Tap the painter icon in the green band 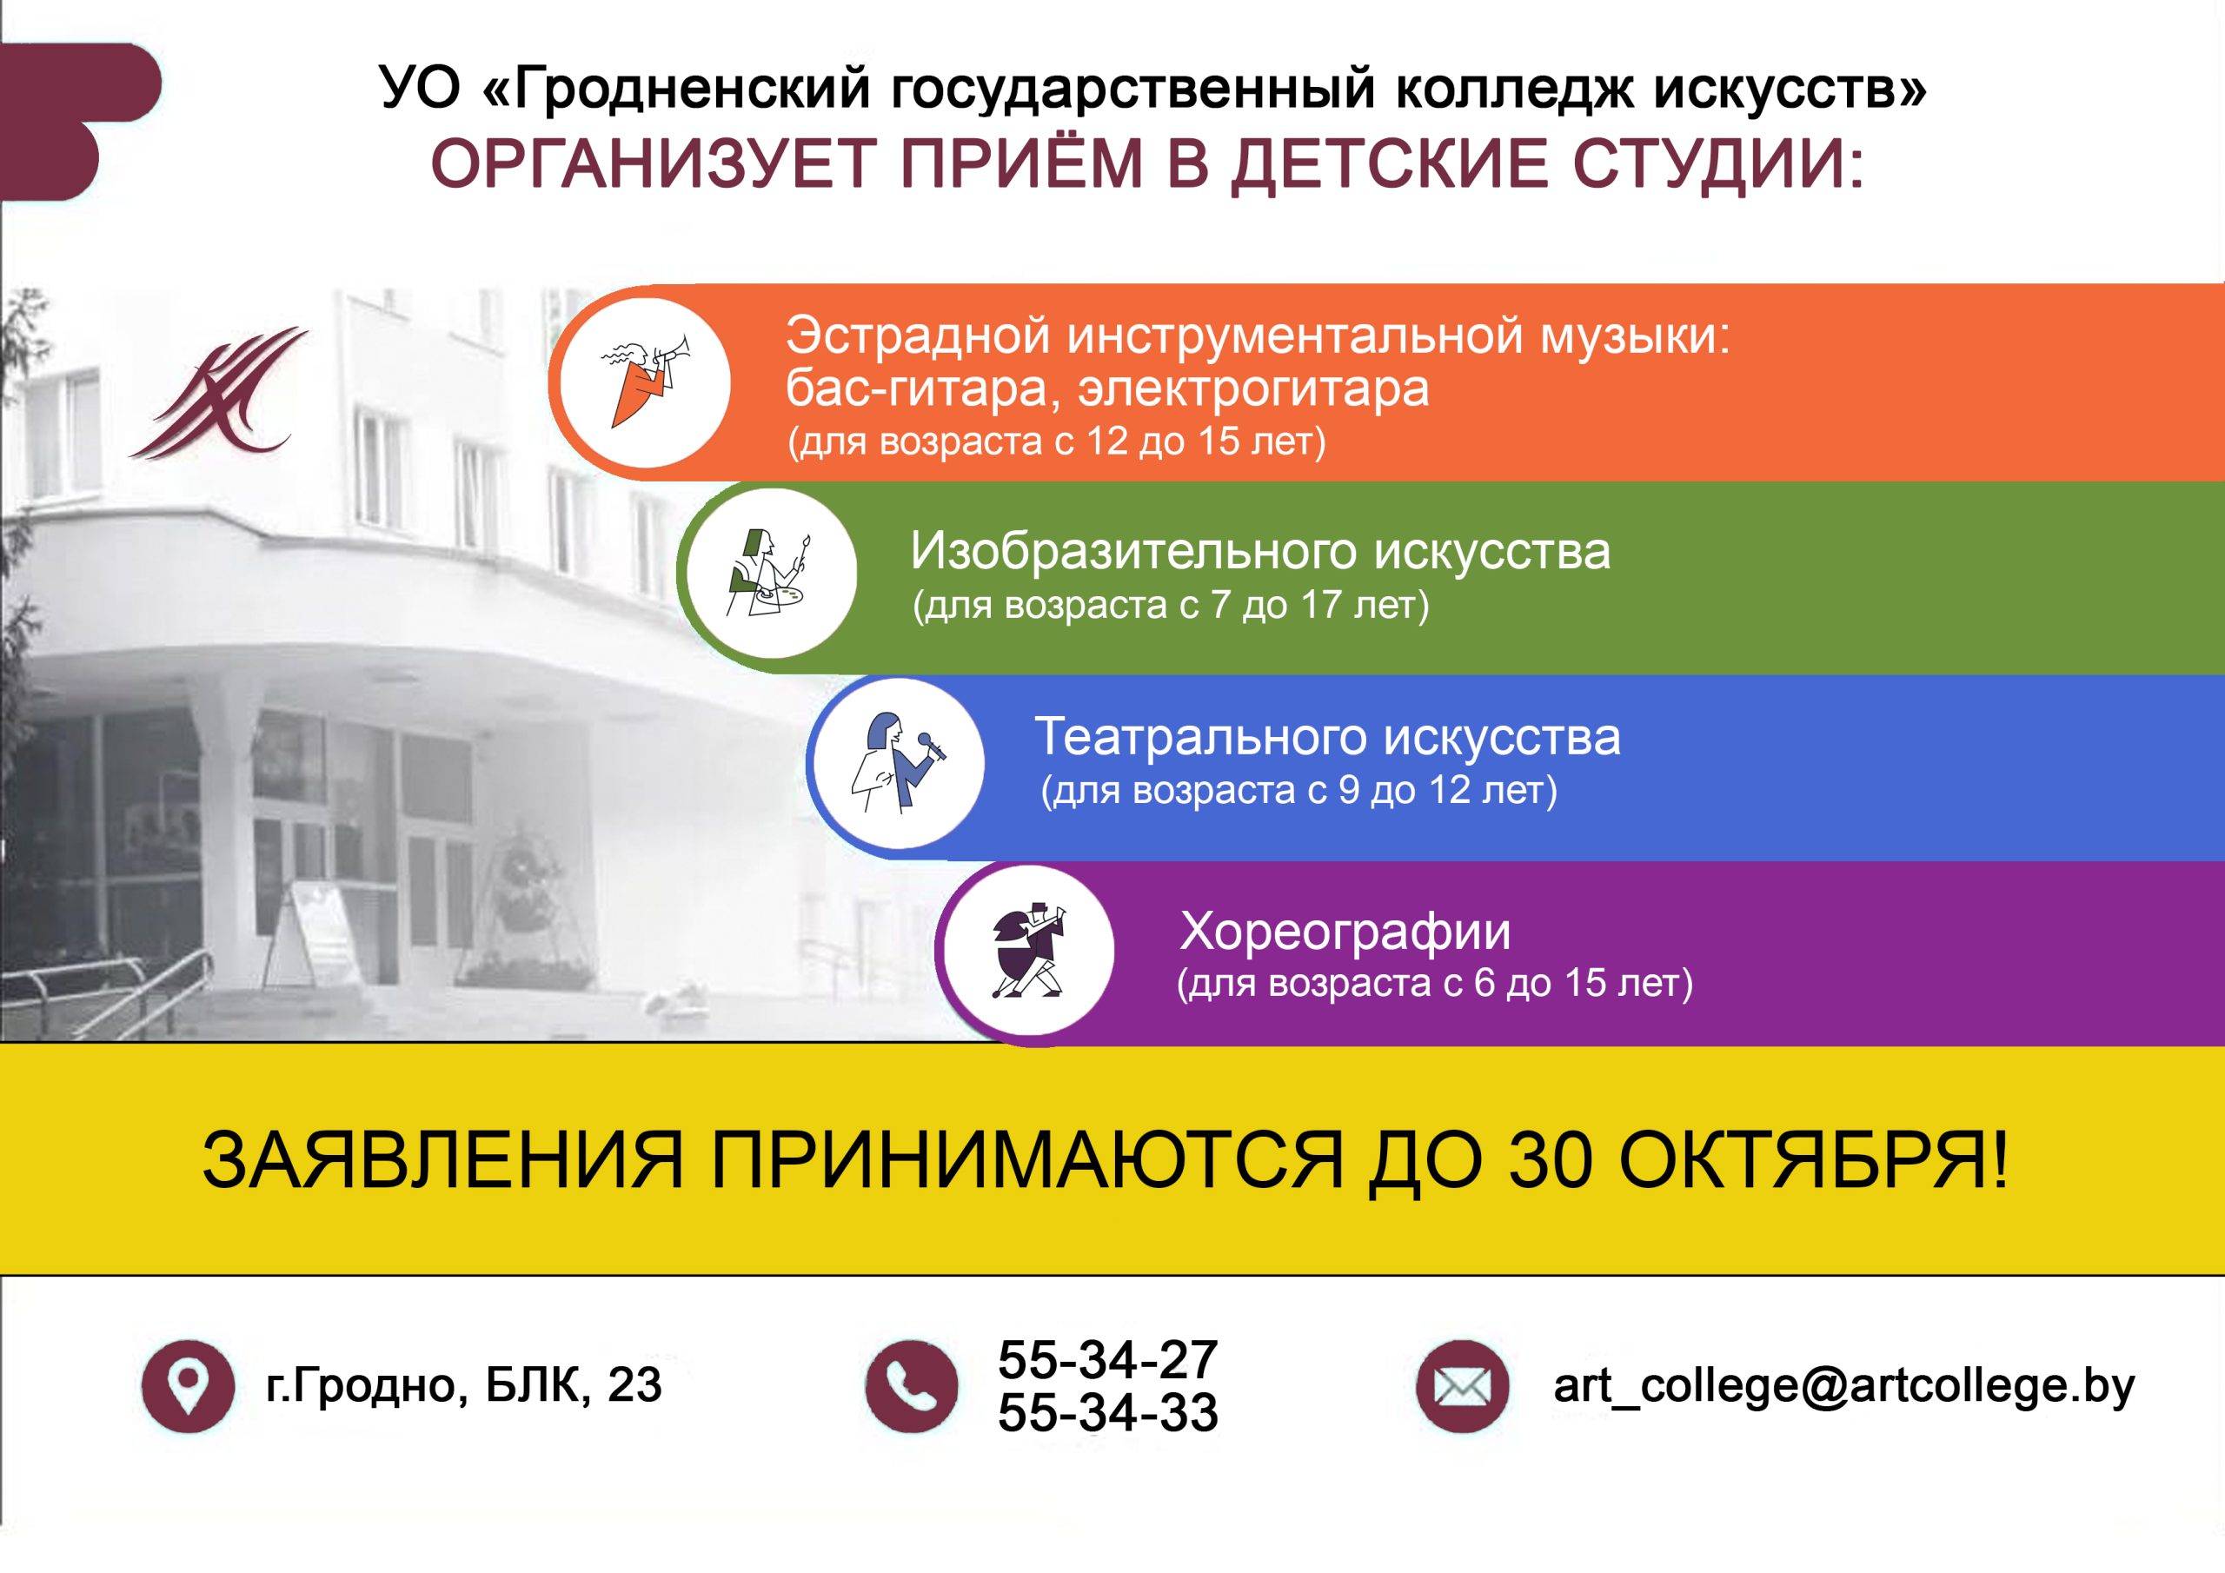[768, 573]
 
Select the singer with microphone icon [897, 762]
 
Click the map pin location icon [188, 1386]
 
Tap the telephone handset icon [911, 1386]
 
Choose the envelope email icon [1463, 1386]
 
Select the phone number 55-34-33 [1107, 1412]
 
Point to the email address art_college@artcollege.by [1844, 1386]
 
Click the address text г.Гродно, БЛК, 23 [463, 1385]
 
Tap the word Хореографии [1345, 933]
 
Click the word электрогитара [1254, 389]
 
